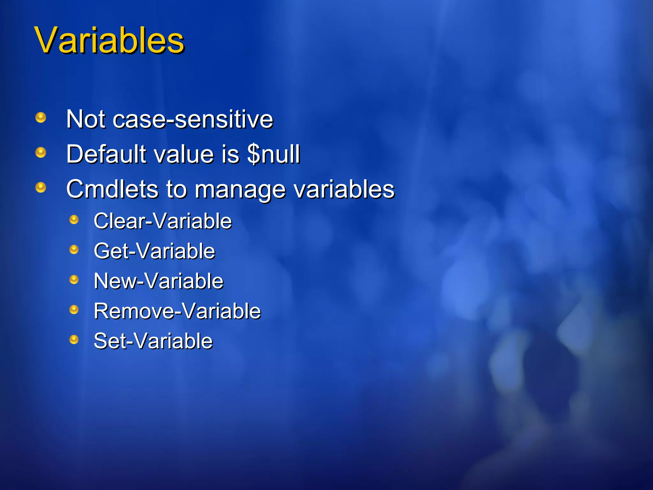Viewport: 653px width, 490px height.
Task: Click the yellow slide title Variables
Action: [x=109, y=41]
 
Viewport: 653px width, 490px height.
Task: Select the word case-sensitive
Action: [x=193, y=119]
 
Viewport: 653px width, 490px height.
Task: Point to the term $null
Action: [x=274, y=154]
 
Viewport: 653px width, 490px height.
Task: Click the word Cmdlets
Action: [x=112, y=189]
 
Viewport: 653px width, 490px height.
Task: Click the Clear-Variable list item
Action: [x=163, y=221]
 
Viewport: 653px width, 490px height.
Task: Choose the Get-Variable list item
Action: [x=154, y=251]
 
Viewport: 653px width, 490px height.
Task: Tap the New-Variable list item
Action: [x=158, y=281]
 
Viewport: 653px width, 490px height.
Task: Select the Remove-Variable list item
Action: [x=177, y=311]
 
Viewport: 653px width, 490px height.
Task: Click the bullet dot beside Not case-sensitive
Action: [x=41, y=118]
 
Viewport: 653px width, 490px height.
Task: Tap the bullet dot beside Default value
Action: [x=41, y=152]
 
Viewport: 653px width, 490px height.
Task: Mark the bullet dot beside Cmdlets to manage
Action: [x=41, y=187]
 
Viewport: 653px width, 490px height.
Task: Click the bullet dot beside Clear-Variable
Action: [x=74, y=219]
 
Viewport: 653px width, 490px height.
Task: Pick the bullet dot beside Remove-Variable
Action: [x=74, y=309]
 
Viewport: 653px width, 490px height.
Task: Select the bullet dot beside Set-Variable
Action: [x=74, y=339]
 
